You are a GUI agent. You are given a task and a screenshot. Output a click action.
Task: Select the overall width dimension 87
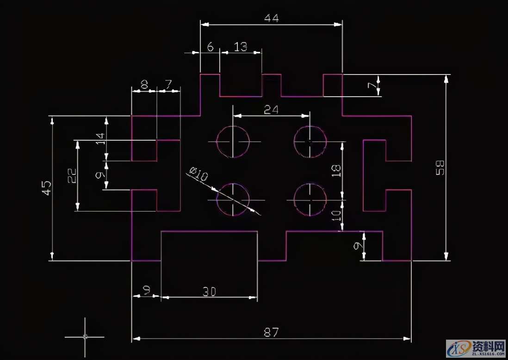click(271, 332)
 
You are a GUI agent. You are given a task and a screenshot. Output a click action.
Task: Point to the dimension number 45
click(47, 187)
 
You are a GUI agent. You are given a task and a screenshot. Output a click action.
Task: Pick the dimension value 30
click(209, 291)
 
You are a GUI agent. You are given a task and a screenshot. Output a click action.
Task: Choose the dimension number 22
click(72, 175)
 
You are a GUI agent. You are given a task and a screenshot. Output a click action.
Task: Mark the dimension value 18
click(336, 170)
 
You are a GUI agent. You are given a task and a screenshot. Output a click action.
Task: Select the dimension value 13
click(240, 46)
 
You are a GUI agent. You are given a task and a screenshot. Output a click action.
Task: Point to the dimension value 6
click(210, 46)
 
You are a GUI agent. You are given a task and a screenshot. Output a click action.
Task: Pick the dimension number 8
click(144, 84)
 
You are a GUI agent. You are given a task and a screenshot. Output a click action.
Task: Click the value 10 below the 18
click(336, 215)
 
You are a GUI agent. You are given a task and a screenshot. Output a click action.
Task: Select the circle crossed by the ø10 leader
click(233, 200)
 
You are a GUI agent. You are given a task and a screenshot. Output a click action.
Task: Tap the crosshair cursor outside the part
click(85, 336)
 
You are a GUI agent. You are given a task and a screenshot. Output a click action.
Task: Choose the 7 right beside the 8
click(168, 84)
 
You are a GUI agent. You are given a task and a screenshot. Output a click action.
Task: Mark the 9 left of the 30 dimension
click(146, 290)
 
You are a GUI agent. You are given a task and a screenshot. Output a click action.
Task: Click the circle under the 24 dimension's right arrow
click(310, 141)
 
